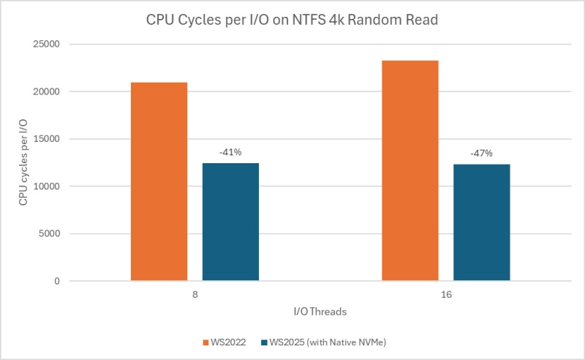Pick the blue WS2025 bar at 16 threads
(481, 222)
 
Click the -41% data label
(230, 153)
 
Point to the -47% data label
(481, 154)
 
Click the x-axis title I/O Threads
(320, 312)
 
